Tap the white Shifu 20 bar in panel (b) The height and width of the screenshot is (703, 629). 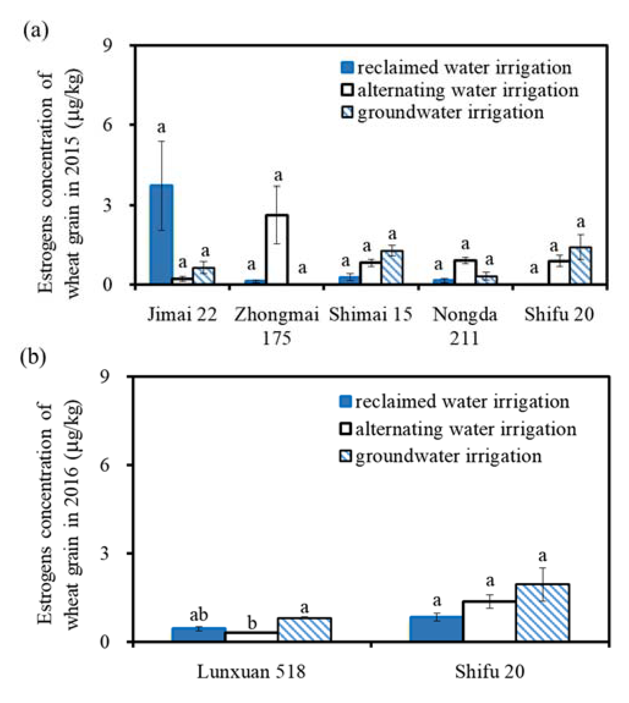click(490, 621)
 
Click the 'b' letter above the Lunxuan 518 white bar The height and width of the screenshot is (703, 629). click(252, 623)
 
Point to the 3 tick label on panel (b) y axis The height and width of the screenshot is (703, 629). click(107, 553)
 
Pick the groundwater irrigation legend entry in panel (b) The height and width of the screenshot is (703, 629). click(441, 456)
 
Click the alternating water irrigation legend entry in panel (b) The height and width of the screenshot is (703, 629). click(458, 429)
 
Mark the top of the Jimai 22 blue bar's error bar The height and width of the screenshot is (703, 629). click(161, 141)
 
